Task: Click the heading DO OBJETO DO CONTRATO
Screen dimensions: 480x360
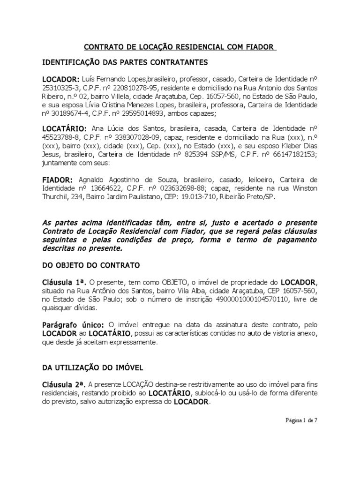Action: point(91,265)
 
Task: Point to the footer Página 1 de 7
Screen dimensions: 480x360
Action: point(302,420)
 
